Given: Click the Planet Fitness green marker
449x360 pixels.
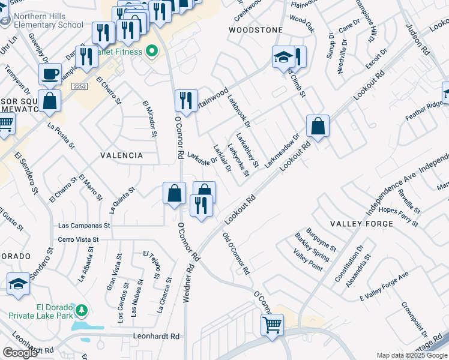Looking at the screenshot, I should point(151,52).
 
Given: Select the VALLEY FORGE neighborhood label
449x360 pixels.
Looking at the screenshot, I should point(362,223).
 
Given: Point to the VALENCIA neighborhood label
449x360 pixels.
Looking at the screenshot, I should point(121,155).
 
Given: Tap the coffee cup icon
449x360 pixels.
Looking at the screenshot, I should point(50,74).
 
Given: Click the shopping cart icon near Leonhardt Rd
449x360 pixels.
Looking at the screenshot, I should point(272,325).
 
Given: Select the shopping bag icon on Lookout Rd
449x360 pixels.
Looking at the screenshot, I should point(318,126).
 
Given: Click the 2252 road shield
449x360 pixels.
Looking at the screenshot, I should point(79,87).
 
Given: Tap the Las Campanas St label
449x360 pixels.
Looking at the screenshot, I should point(84,226).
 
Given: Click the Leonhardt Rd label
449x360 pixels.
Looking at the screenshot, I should point(157,337).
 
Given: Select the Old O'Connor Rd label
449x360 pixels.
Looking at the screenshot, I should point(236,254).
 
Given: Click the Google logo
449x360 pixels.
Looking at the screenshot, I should point(20,353).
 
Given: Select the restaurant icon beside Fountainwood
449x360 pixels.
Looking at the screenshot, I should point(186,100).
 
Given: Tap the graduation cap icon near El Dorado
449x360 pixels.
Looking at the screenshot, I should point(19,284).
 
